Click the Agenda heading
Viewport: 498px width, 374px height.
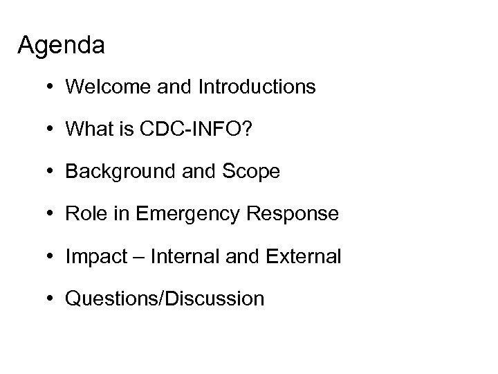[x=62, y=46]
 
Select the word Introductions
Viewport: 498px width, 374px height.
[x=257, y=87]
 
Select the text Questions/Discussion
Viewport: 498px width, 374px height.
[x=165, y=299]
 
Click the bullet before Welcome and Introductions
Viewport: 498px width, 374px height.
[x=52, y=87]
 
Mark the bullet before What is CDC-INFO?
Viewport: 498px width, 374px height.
[x=52, y=130]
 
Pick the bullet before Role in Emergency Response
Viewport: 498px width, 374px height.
[x=52, y=214]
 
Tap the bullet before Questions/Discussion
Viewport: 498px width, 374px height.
[x=52, y=299]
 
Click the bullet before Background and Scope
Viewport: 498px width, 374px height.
[x=52, y=172]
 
